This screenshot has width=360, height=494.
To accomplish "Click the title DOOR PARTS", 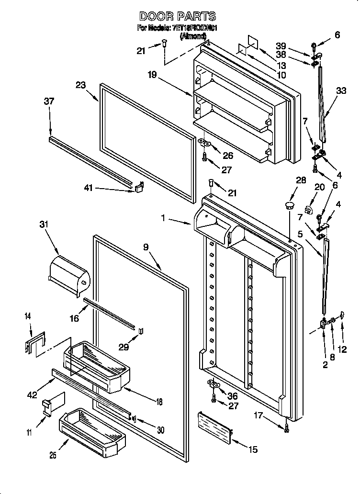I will tap(178, 16).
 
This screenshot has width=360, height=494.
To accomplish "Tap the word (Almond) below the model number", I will tap(193, 36).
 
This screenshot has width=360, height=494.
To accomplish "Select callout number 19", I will tap(152, 75).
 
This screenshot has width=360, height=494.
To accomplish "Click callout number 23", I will tap(80, 85).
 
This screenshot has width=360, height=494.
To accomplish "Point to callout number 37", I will tap(49, 101).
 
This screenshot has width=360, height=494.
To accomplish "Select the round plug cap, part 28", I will tap(289, 205).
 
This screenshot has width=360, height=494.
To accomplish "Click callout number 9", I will tap(146, 247).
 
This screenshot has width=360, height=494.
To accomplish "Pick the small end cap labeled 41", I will tap(138, 187).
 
